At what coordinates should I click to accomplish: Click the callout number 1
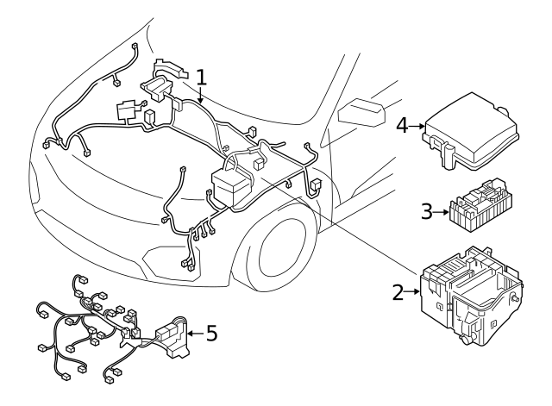point(201,78)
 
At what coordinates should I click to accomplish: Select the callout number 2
point(398,293)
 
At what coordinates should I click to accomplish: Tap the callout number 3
point(427,211)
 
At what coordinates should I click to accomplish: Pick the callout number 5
point(212,331)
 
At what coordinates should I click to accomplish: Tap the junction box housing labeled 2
point(470,297)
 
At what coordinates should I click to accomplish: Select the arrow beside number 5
point(193,331)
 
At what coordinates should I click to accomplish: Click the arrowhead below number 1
point(200,101)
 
